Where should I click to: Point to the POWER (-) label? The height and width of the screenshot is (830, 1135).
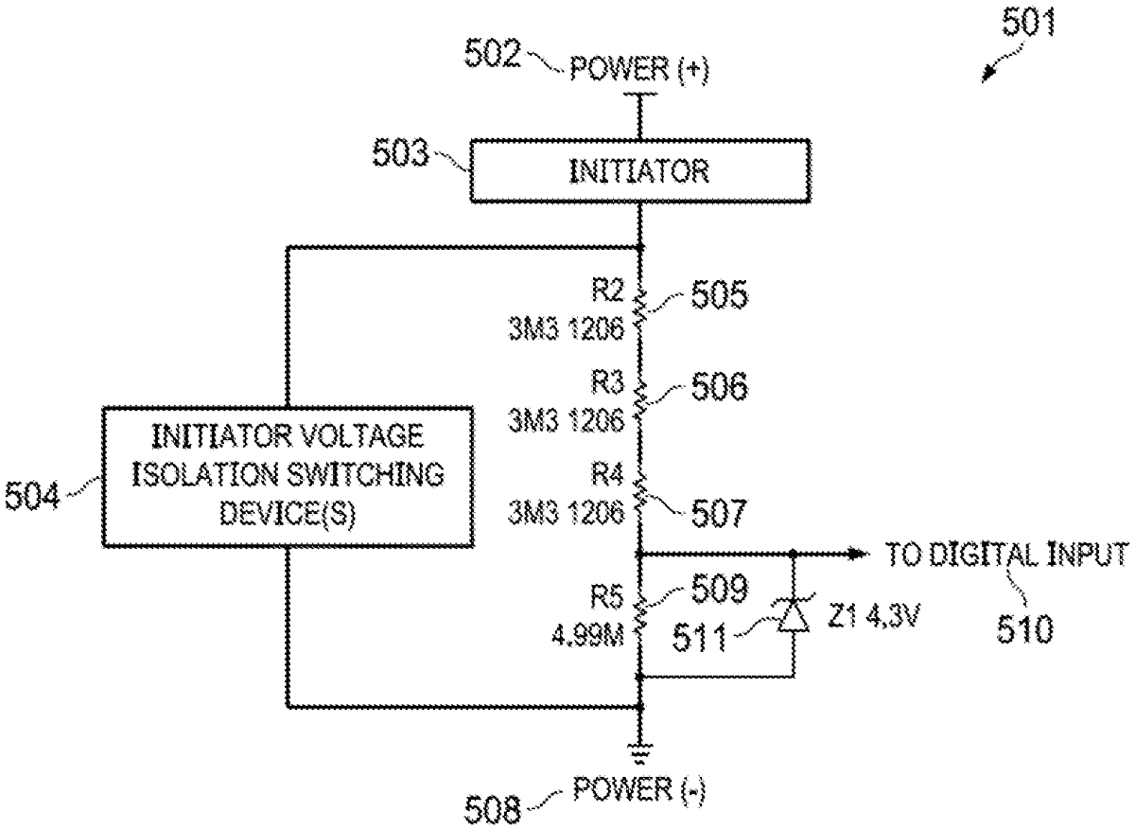tap(639, 788)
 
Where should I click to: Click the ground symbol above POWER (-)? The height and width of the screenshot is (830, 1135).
tap(640, 753)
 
